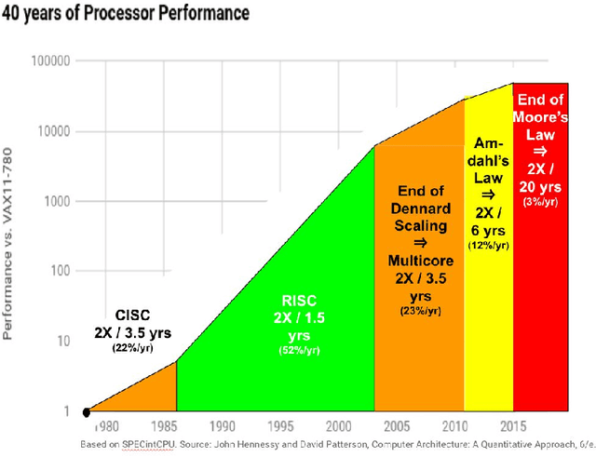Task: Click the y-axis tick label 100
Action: pos(58,272)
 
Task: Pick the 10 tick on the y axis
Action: pos(61,342)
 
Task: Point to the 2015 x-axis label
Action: pos(511,426)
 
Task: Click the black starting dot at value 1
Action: pos(87,411)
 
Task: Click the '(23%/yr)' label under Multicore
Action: pos(419,310)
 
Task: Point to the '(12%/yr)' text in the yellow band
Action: pos(488,246)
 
